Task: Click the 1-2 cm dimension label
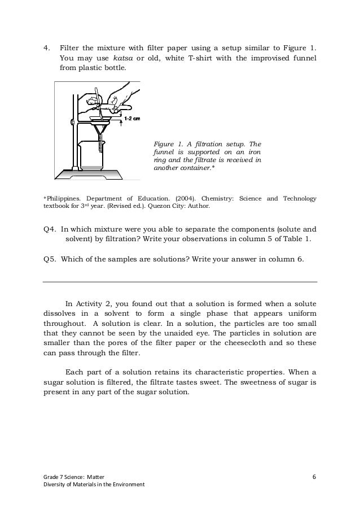(x=131, y=119)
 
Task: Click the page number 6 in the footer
(x=314, y=476)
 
